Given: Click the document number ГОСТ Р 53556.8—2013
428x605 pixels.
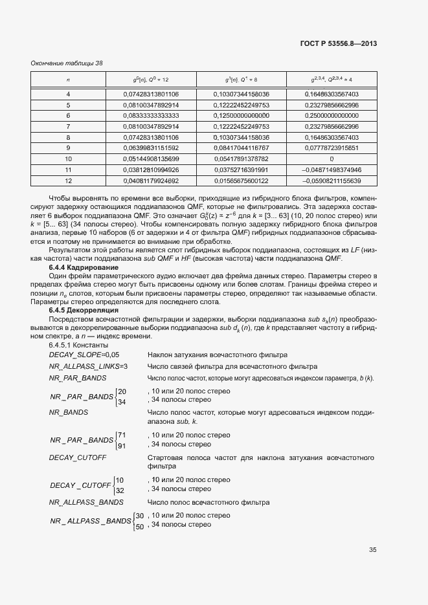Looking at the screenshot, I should pyautogui.click(x=339, y=44).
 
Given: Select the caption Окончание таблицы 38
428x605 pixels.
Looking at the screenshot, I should pyautogui.click(x=67, y=63).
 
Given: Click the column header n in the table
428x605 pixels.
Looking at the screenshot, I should pyautogui.click(x=68, y=79).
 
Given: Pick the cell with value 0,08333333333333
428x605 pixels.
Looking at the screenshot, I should pyautogui.click(x=151, y=115).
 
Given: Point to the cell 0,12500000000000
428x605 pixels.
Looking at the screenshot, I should pyautogui.click(x=241, y=115).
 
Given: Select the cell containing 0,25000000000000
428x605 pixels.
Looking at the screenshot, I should pyautogui.click(x=331, y=115).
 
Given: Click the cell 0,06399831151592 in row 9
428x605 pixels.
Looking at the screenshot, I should pyautogui.click(x=151, y=148).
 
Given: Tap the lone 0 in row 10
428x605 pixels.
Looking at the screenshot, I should pyautogui.click(x=331, y=159).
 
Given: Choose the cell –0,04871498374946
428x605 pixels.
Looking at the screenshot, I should pyautogui.click(x=331, y=170).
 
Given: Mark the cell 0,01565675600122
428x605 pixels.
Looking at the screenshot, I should pyautogui.click(x=241, y=180).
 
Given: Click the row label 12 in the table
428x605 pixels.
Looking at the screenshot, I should pyautogui.click(x=68, y=180).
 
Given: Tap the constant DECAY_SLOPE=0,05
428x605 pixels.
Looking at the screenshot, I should pyautogui.click(x=84, y=355).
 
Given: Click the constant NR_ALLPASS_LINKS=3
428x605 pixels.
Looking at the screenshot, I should pyautogui.click(x=89, y=366).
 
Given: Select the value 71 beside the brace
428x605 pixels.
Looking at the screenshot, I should pyautogui.click(x=122, y=434).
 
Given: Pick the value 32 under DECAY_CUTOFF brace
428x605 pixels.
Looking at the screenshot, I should pyautogui.click(x=120, y=490).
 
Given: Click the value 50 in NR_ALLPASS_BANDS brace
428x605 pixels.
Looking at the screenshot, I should pyautogui.click(x=139, y=527).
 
